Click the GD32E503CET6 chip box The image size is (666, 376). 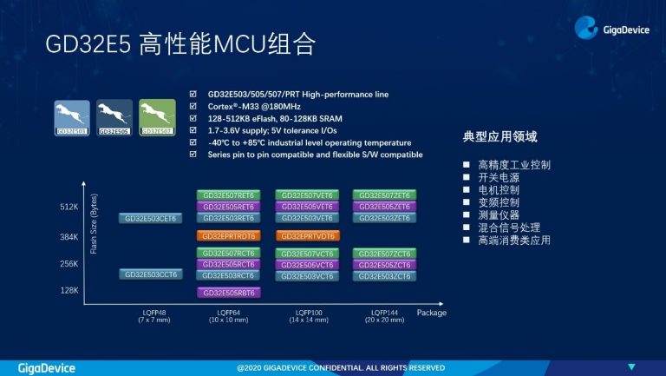[x=150, y=219]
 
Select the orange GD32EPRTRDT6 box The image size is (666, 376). [x=228, y=235]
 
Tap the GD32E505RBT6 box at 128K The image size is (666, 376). [x=228, y=293]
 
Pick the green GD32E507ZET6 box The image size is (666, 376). [x=384, y=195]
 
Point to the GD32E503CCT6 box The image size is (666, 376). [x=150, y=274]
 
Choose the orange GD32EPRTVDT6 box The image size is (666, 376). [x=307, y=235]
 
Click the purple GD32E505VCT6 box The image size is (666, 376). [x=307, y=264]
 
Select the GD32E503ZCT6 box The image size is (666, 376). [x=384, y=275]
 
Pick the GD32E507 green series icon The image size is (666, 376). [x=157, y=118]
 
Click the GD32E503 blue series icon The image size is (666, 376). [x=71, y=118]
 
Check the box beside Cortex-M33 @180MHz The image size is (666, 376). [x=193, y=106]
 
